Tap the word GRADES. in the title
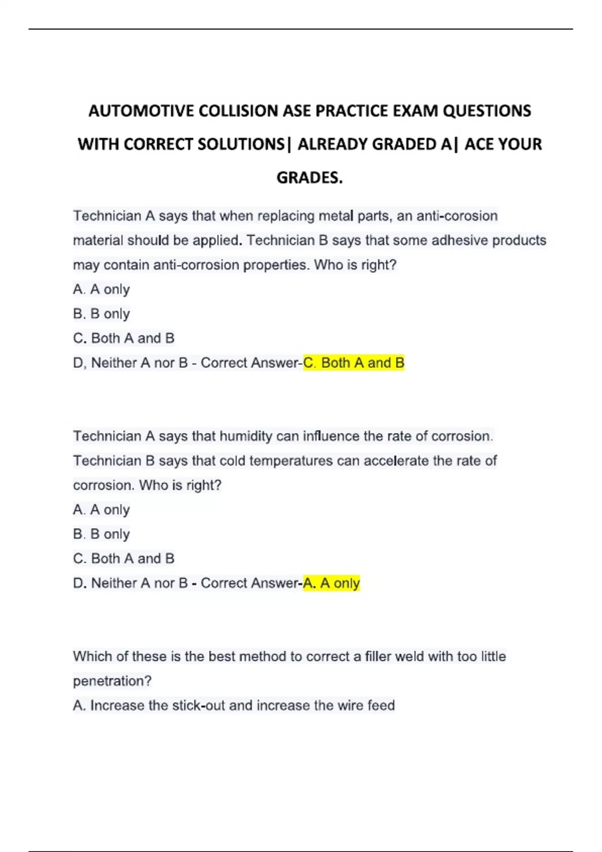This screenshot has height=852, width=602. click(x=310, y=177)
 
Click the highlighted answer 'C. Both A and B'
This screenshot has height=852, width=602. click(x=354, y=363)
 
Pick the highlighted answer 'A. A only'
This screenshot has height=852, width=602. click(x=332, y=583)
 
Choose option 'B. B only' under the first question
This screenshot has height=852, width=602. click(x=101, y=314)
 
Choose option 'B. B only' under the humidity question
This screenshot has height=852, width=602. click(x=101, y=534)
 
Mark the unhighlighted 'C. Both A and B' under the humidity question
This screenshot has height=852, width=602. click(x=123, y=558)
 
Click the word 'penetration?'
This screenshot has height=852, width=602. click(x=112, y=681)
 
